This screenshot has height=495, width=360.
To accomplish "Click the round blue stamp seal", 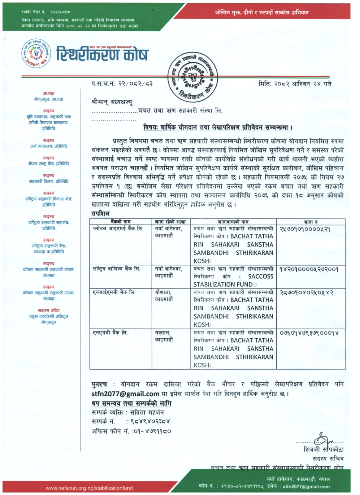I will [193, 77].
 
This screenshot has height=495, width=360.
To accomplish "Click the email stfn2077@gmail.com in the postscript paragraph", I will [125, 394].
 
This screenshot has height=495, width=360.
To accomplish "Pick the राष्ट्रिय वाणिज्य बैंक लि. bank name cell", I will [116, 269].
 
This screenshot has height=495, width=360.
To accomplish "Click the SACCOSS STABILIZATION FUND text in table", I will [233, 280].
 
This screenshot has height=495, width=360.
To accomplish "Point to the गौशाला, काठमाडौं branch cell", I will [164, 296].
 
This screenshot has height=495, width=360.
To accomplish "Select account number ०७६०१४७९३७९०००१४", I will [309, 333].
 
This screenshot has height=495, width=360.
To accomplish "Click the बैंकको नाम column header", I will [120, 222].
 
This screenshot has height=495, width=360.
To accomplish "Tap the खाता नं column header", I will [310, 222].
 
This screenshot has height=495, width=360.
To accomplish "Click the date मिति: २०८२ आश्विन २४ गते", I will [295, 84].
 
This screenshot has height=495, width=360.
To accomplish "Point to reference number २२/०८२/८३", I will [136, 84].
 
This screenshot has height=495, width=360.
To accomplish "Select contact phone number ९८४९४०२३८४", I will [150, 421].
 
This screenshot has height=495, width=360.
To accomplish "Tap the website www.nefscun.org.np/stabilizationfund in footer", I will [89, 488].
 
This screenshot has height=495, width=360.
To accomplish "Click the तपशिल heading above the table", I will [101, 214].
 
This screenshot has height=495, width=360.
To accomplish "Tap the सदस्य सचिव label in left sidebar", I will [49, 310].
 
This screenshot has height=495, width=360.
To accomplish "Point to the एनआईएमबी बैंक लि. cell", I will [114, 292].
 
